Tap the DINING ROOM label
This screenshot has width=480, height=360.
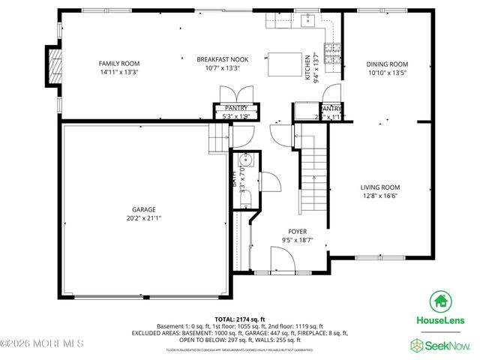388,64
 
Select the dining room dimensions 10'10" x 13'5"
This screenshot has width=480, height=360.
388,73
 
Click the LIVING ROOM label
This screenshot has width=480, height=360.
380,187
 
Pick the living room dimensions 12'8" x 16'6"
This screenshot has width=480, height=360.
380,197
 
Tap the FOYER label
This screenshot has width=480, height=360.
298,232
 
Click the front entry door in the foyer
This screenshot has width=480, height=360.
282,262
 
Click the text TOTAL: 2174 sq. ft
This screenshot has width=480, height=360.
240,319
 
